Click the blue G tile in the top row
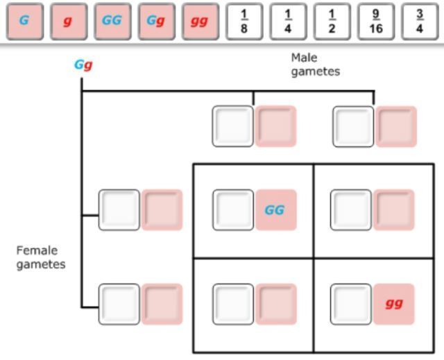tap(24, 21)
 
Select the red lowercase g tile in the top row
tap(68, 21)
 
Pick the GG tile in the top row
tap(112, 21)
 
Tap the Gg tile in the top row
tap(156, 21)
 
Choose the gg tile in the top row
tap(200, 21)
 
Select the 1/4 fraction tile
tap(288, 21)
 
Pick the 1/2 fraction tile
tap(332, 21)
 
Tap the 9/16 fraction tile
tap(376, 21)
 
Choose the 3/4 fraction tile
tap(420, 21)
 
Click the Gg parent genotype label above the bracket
tap(83, 66)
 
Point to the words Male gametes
tap(315, 65)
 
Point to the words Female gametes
tap(41, 257)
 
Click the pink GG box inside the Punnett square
tap(275, 209)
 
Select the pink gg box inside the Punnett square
tap(393, 304)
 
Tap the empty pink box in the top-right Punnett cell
tap(393, 209)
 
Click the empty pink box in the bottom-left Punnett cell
tap(275, 304)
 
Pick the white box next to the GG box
tap(233, 209)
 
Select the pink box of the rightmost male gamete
tap(396, 126)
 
